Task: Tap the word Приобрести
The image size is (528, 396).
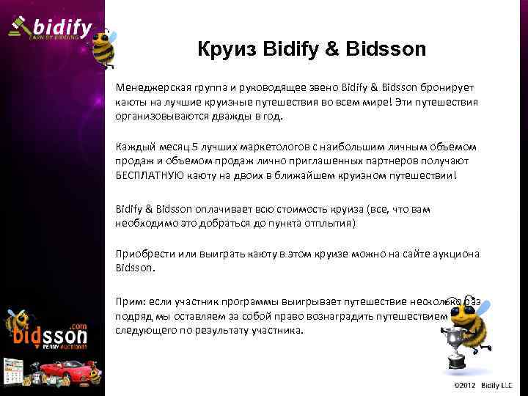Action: pyautogui.click(x=144, y=254)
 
